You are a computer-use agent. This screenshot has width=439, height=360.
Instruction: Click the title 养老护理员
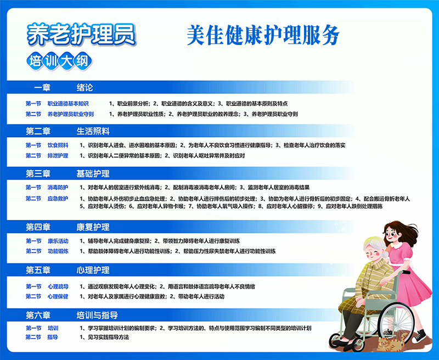pos(81,35)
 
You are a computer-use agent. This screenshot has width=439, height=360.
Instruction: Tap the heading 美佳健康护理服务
pos(263,35)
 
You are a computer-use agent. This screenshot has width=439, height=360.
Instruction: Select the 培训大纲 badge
pos(59,61)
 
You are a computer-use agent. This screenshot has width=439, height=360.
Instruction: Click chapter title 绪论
pos(85,88)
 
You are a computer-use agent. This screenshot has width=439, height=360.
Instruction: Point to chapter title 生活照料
pos(93,131)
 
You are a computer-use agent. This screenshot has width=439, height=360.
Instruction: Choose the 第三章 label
pos(38,173)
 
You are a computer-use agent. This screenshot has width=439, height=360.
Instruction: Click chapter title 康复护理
pos(93,227)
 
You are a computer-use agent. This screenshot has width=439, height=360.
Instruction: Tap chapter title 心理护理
pos(93,270)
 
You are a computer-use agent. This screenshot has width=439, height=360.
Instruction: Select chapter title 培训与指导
pos(97,315)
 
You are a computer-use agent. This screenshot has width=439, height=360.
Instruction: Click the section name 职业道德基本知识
pos(68,104)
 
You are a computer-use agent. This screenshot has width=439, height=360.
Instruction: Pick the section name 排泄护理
pos(58,156)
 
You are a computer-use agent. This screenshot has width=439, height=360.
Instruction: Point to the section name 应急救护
pos(58,199)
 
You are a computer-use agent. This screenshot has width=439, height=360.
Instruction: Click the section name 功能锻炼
pos(58,251)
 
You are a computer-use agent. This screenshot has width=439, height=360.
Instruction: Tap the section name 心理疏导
pos(58,286)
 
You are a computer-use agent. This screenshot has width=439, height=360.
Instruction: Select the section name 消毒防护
pos(58,187)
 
